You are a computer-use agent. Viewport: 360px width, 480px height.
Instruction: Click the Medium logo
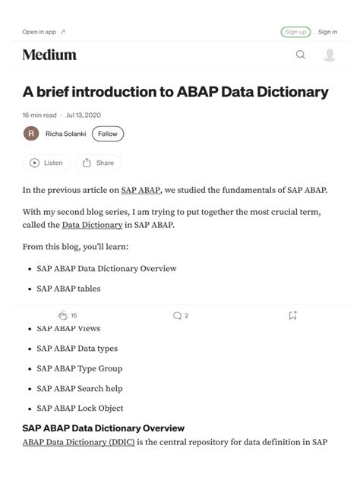coord(49,55)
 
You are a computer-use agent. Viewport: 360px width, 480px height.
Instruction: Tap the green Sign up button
coord(295,32)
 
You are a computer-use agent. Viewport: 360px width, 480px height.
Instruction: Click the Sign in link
coord(327,32)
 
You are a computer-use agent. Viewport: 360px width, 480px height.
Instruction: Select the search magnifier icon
coord(300,55)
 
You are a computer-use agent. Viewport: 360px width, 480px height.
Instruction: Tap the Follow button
coord(108,134)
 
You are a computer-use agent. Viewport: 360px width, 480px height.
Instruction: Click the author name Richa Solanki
coord(65,134)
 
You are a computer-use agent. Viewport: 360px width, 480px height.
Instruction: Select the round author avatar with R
coord(31,134)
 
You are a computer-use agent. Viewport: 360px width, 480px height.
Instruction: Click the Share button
coord(98,163)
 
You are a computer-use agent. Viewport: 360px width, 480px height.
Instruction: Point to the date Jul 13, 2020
coord(84,115)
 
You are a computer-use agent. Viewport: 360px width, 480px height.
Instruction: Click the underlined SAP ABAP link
coord(140,190)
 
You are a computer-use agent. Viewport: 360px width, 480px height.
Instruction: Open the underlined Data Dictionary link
coord(92,225)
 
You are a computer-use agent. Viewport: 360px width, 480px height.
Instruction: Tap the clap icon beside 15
coord(63,315)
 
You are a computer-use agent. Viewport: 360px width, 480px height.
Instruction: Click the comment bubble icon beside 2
coord(177,315)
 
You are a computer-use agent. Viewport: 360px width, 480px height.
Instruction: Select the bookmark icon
coord(292,315)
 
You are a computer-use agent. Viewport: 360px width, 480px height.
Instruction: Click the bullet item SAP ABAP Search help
coord(80,388)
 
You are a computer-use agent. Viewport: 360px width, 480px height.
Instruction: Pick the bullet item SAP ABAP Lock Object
coord(80,408)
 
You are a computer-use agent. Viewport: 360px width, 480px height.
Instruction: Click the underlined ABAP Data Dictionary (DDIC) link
coord(78,441)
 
